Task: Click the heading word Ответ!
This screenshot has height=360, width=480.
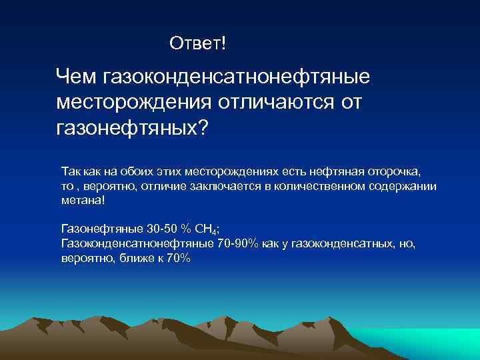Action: [x=198, y=44]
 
